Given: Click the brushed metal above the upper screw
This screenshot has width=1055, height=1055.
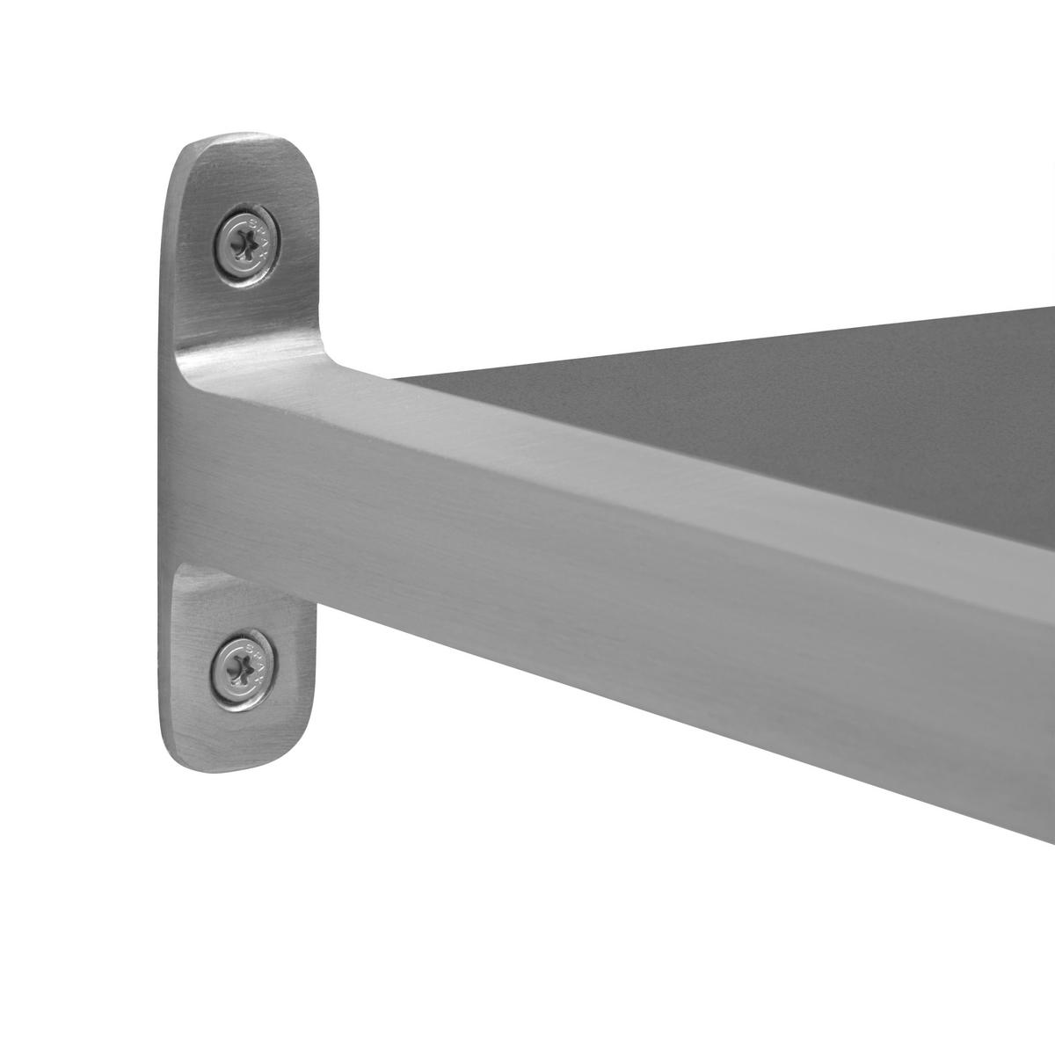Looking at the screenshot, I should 237,176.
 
